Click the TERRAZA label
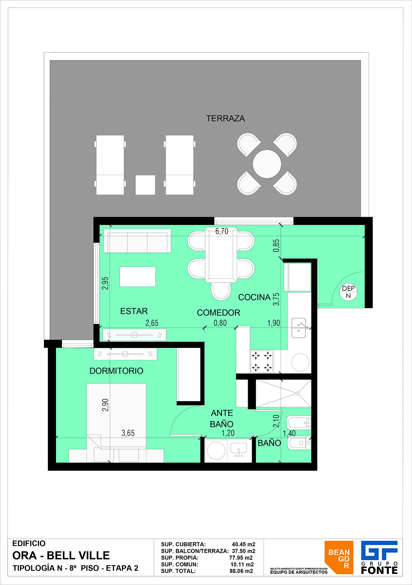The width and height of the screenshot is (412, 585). pyautogui.click(x=225, y=118)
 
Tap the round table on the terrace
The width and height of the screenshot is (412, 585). pyautogui.click(x=267, y=164)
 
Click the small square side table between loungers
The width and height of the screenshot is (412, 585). pyautogui.click(x=145, y=185)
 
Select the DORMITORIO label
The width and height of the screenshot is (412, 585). pyautogui.click(x=116, y=371)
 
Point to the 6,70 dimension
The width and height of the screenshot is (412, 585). pyautogui.click(x=222, y=231)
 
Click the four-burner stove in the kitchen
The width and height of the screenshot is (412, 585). pyautogui.click(x=262, y=362)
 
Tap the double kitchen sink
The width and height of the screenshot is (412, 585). pyautogui.click(x=299, y=328)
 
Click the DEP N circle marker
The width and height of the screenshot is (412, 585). pyautogui.click(x=348, y=292)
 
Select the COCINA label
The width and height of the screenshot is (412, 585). pyautogui.click(x=254, y=297)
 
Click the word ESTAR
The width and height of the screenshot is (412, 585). pyautogui.click(x=134, y=311)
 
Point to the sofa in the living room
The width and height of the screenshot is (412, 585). pyautogui.click(x=137, y=241)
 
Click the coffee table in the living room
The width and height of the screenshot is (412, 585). pyautogui.click(x=137, y=277)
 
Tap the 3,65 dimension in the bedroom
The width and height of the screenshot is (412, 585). pyautogui.click(x=128, y=433)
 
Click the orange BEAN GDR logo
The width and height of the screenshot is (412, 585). pyautogui.click(x=339, y=557)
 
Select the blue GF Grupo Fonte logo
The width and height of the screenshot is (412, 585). pyautogui.click(x=379, y=557)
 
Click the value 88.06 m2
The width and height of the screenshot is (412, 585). pyautogui.click(x=241, y=571)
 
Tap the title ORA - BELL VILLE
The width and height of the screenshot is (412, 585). pyautogui.click(x=61, y=555)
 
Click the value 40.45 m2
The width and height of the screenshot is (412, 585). pyautogui.click(x=244, y=544)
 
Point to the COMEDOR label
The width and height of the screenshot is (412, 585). pyautogui.click(x=219, y=313)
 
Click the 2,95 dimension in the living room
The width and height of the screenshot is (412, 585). pyautogui.click(x=105, y=283)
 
